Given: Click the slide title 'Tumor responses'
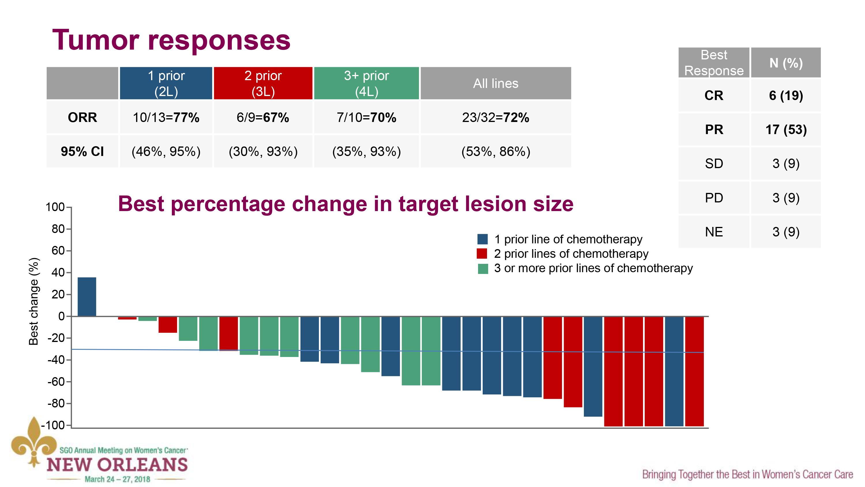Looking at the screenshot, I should coord(171,40).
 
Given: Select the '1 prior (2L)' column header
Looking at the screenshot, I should coord(166,83).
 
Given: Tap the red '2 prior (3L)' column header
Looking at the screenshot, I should coord(263,83).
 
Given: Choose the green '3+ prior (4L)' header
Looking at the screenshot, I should coord(366,83).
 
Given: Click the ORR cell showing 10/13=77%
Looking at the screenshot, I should coord(166,118).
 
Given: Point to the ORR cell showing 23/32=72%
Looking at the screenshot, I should coord(496,118).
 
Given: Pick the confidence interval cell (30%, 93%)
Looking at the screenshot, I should coord(263,151).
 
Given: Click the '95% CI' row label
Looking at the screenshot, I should coord(82,151).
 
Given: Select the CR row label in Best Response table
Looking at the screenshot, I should coord(714,96).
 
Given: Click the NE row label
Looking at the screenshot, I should coord(714,232).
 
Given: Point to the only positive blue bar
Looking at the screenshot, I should coord(86,297).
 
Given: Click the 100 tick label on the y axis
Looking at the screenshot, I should coord(55,207).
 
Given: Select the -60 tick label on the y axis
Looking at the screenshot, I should coord(56,381).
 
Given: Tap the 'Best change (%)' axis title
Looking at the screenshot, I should coord(33,301).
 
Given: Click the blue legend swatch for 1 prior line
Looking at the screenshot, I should coord(483,239).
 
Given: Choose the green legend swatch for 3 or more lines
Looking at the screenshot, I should coord(483,269).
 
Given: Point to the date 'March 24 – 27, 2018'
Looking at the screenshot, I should coord(117,479).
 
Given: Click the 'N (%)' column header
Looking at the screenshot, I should coord(786,63).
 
